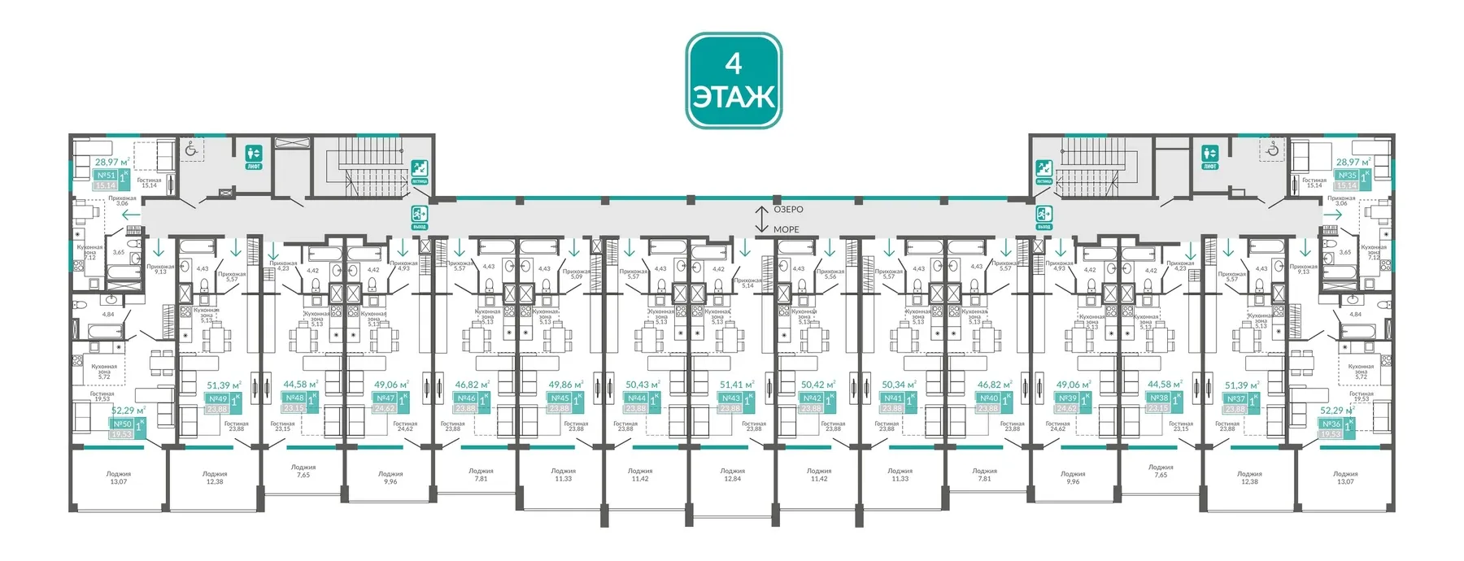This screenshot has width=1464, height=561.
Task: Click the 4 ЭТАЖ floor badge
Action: pos(734,80)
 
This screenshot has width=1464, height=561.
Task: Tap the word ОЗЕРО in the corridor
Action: pos(788,210)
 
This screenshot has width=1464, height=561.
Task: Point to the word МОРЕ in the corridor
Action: pos(786,229)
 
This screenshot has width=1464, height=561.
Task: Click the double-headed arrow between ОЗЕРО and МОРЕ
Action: pos(761,220)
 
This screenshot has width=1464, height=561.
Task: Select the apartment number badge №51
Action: pos(106,176)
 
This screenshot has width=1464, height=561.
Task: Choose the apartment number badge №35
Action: pos(1347,176)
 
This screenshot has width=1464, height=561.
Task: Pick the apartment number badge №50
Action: pos(122,424)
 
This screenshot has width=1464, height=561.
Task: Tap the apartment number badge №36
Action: pos(1331,424)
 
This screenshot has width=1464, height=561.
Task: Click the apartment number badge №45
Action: pos(560,398)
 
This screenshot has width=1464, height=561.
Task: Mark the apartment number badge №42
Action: pos(812,398)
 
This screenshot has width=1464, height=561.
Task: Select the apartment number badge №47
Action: pos(386,398)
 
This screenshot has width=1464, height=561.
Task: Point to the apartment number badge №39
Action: pos(1067,398)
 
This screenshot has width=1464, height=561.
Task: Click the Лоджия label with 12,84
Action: pos(732,475)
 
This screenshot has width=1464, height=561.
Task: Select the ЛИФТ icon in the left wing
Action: pos(254,155)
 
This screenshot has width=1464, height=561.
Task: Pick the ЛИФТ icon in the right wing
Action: pos(1210,155)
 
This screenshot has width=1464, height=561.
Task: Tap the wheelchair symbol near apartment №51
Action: pos(190,150)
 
